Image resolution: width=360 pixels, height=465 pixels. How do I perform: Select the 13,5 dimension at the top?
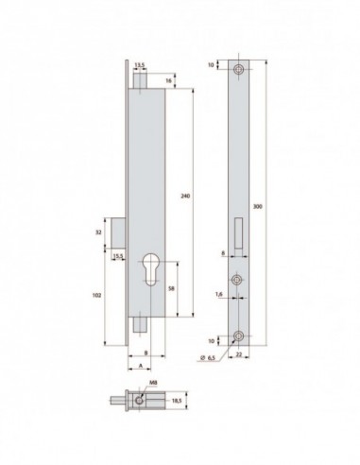(x=141, y=65)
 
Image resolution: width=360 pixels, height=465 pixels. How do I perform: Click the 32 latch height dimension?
(x=99, y=230)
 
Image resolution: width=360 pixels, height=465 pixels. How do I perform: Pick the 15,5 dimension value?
(x=118, y=256)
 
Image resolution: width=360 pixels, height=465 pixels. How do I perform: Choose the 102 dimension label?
(x=99, y=293)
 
